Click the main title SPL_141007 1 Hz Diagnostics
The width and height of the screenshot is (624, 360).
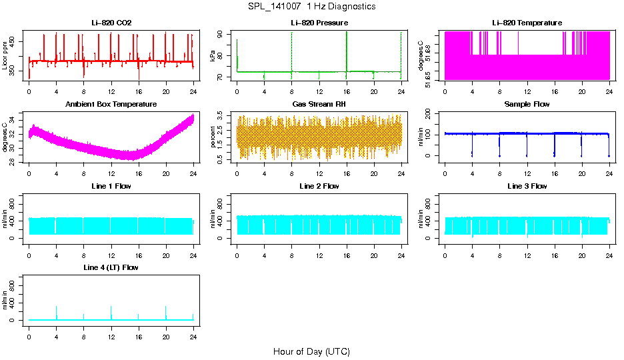(x=311, y=6)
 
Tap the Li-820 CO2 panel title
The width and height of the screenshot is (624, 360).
(x=111, y=23)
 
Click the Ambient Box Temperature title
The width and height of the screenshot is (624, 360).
(x=111, y=104)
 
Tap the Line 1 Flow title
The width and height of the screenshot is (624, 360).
(x=111, y=186)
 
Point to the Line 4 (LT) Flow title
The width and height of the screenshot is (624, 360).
(x=111, y=267)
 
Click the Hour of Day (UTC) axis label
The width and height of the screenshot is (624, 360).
(x=311, y=351)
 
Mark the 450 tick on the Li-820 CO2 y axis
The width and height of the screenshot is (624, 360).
(x=15, y=41)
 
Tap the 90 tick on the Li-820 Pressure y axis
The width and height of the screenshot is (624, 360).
(x=223, y=33)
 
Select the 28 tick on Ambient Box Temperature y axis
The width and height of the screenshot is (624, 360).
(x=15, y=161)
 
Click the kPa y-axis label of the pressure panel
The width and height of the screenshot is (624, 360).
(x=213, y=56)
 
